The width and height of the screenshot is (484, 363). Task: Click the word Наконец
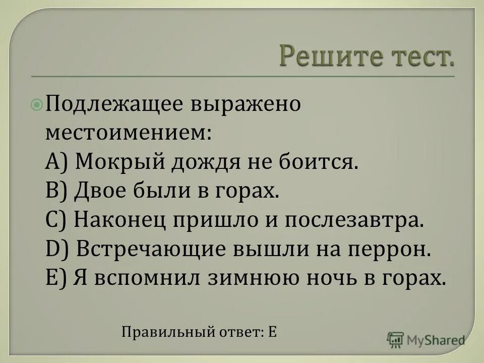(123, 220)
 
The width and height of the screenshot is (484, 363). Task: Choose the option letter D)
(55, 250)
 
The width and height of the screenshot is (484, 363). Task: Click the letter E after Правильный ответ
(272, 332)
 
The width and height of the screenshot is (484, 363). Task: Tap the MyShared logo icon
(396, 340)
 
